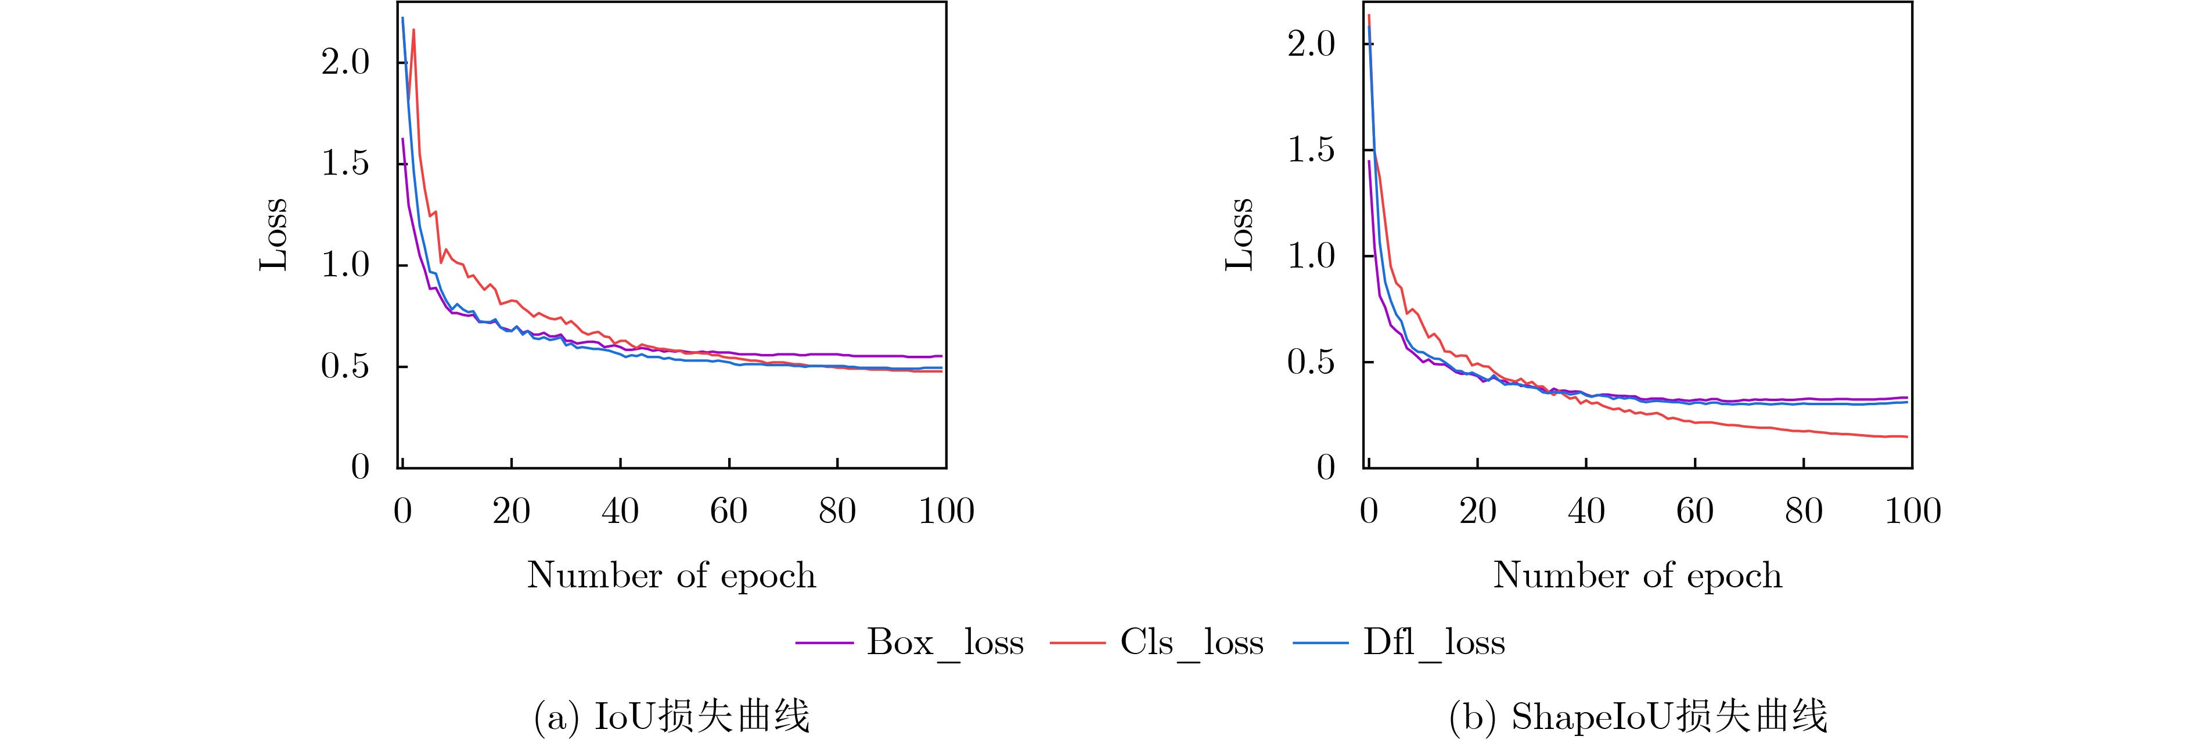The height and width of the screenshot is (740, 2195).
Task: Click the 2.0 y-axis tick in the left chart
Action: point(345,62)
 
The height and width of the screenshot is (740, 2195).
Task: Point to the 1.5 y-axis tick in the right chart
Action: point(1311,150)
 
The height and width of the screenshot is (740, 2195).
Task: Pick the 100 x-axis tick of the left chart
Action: point(946,511)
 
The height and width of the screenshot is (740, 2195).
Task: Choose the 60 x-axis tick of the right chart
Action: point(1695,511)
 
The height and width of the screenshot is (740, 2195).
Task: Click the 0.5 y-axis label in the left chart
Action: point(345,366)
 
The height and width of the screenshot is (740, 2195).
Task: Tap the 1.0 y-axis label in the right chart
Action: point(1311,255)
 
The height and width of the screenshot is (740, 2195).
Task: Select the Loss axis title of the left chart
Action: point(274,234)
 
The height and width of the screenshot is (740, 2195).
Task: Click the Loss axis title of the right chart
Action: point(1240,234)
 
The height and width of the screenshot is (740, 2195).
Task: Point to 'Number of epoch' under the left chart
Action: point(671,576)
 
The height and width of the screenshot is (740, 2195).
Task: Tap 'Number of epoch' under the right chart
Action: point(1638,576)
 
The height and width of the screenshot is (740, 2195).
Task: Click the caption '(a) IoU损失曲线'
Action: point(671,716)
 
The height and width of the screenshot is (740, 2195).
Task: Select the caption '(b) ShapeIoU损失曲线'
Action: point(1638,716)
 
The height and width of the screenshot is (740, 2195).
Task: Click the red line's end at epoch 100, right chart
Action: point(1907,437)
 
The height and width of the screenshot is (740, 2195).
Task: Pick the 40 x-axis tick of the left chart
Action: point(620,511)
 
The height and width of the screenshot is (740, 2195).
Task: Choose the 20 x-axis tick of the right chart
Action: point(1477,511)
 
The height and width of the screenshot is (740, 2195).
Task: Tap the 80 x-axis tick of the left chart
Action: point(837,511)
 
